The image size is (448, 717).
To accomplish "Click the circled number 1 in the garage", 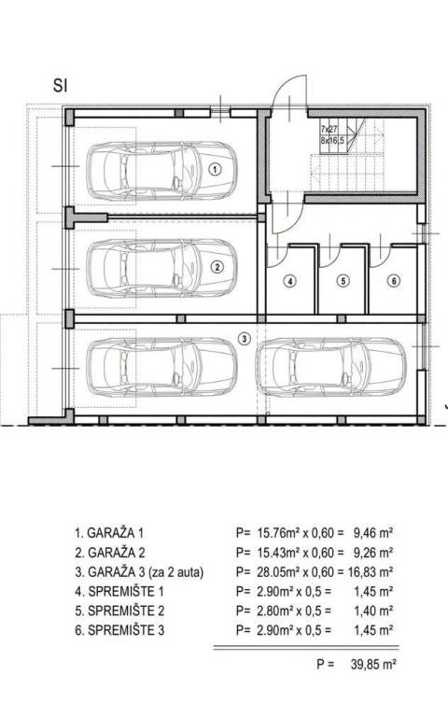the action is click(x=216, y=169).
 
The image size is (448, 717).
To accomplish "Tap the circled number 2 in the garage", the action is click(x=217, y=267).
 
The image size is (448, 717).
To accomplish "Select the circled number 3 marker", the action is click(x=245, y=339).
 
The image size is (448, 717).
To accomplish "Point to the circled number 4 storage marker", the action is click(x=290, y=281).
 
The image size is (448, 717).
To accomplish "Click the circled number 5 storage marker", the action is click(x=343, y=281).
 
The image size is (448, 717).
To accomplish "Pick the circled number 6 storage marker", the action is click(x=394, y=281).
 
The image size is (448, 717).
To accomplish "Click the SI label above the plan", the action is click(x=61, y=86).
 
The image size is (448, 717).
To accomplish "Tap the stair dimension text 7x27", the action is click(x=329, y=130).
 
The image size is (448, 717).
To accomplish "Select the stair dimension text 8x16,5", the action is click(x=332, y=141).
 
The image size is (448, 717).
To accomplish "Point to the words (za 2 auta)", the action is click(x=176, y=572).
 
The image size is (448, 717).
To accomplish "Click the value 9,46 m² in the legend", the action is click(x=373, y=533).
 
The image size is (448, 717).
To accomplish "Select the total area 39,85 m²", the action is click(x=373, y=665).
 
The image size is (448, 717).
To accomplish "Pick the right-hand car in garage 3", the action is click(x=330, y=367).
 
